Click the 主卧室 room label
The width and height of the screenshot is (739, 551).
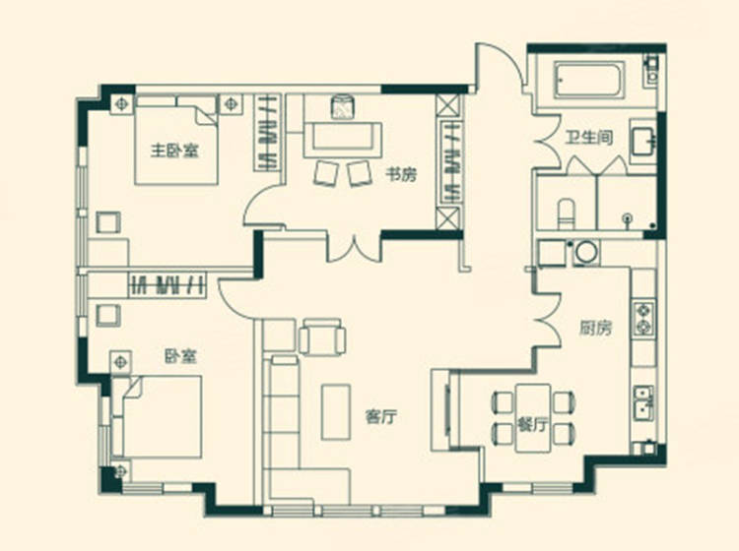(174, 151)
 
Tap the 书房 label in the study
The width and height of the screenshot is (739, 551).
(402, 174)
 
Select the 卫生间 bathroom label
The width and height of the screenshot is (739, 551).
(589, 138)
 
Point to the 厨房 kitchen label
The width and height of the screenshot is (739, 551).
(595, 328)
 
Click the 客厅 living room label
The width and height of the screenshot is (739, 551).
(380, 416)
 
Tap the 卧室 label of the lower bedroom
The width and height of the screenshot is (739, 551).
(180, 356)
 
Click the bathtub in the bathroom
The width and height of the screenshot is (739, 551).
(589, 80)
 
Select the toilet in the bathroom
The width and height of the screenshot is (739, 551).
(566, 214)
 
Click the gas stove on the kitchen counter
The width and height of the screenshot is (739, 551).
(643, 318)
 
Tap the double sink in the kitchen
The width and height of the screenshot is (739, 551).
(643, 403)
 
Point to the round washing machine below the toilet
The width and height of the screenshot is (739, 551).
(586, 253)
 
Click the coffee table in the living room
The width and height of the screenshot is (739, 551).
(336, 411)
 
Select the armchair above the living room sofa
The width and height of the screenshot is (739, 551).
(322, 337)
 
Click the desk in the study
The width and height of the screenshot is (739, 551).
(343, 140)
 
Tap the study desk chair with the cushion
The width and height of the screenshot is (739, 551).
(343, 108)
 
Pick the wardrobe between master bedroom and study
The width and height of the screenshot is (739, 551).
(268, 132)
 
